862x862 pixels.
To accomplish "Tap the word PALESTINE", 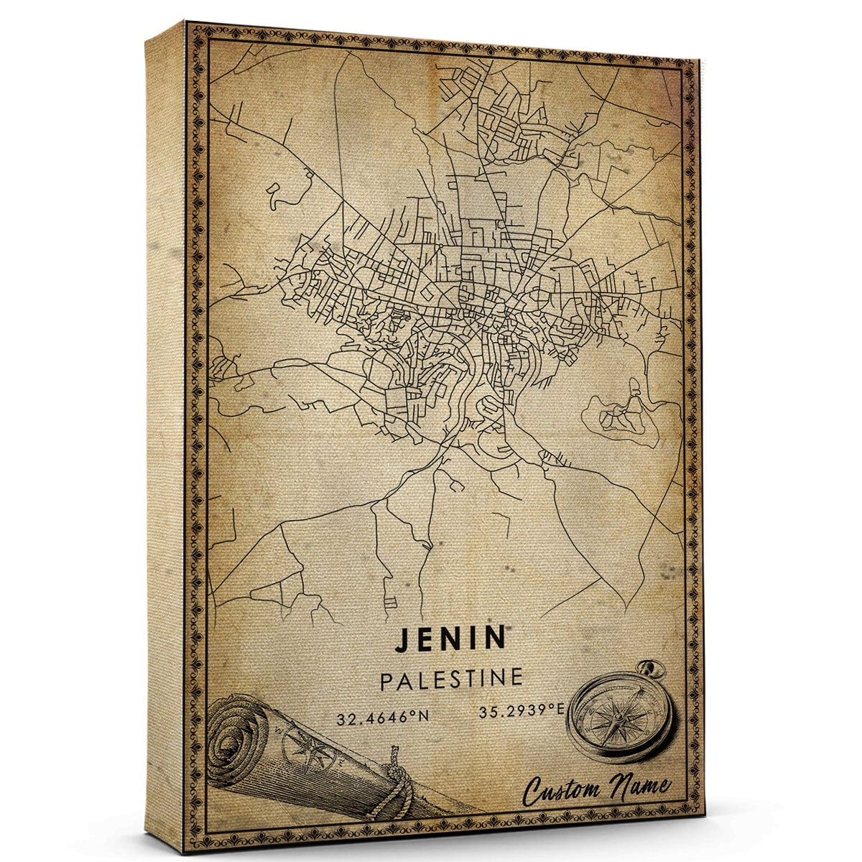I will [450, 679].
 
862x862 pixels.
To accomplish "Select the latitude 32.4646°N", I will [377, 717].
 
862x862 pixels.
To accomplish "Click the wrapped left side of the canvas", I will [165, 431].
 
